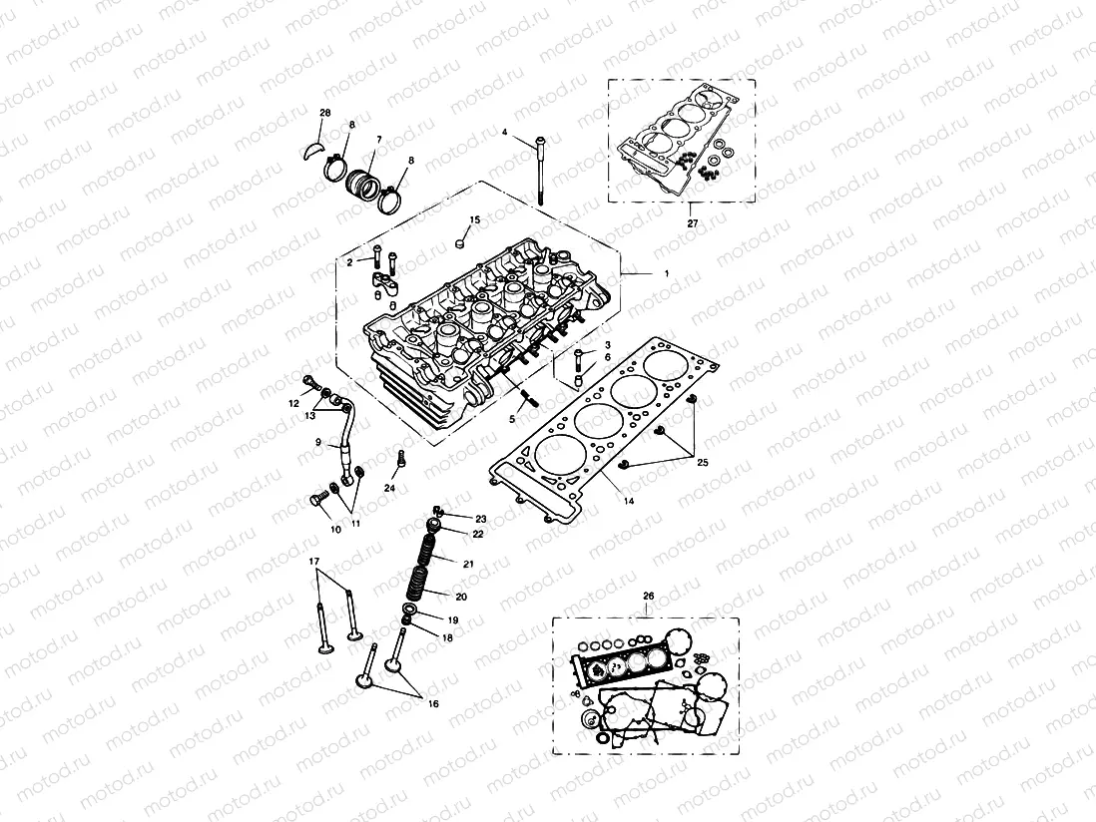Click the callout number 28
click(x=324, y=113)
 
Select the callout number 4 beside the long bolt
click(x=505, y=132)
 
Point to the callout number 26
click(x=648, y=597)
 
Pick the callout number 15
click(x=475, y=219)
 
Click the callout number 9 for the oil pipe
click(x=318, y=442)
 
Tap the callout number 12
click(x=294, y=403)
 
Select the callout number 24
click(x=390, y=489)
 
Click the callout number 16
click(x=432, y=703)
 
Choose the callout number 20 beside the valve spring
click(x=461, y=597)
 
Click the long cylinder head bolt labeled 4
click(x=539, y=170)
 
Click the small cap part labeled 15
click(x=461, y=240)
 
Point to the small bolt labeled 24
click(x=401, y=461)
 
